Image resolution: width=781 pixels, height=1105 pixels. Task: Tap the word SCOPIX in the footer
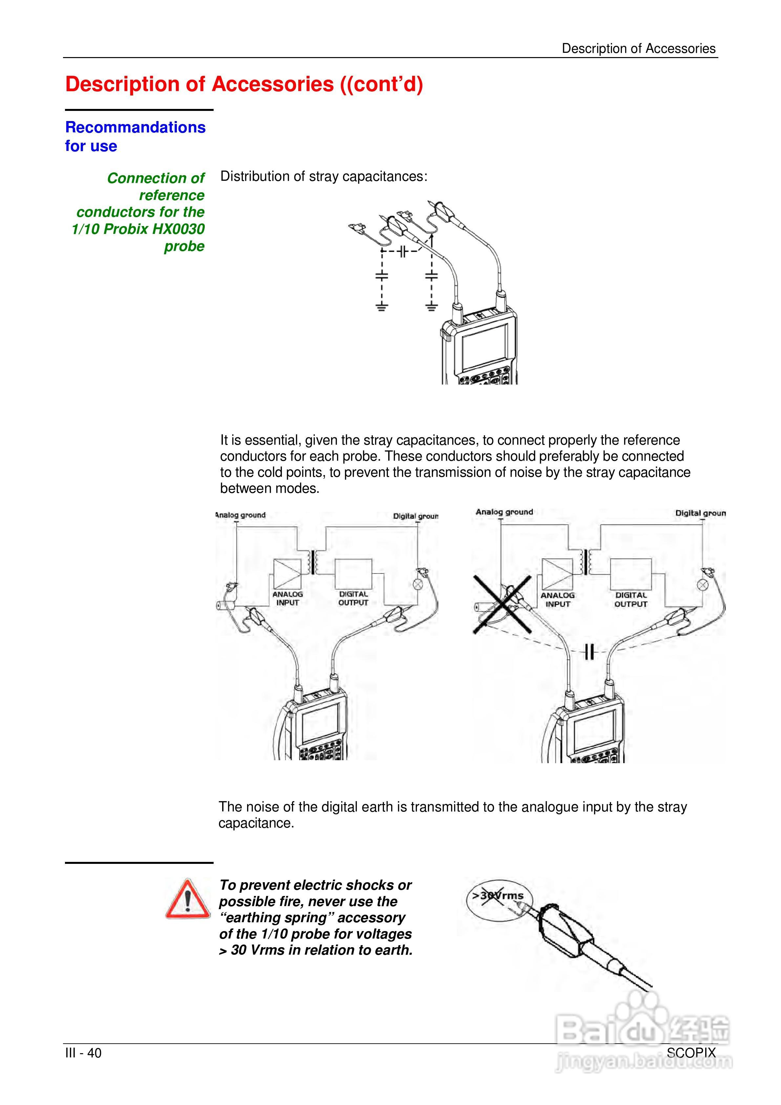click(x=691, y=1053)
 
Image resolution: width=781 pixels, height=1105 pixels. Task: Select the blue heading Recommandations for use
click(x=135, y=136)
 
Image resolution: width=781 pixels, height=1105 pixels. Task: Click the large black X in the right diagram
click(x=502, y=604)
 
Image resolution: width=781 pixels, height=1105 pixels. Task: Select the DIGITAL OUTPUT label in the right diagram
click(x=631, y=600)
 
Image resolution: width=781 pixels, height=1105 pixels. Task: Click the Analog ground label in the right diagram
click(x=504, y=512)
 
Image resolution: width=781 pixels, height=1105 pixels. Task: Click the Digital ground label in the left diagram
click(x=415, y=516)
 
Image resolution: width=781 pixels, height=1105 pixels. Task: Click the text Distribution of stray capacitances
click(x=324, y=177)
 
